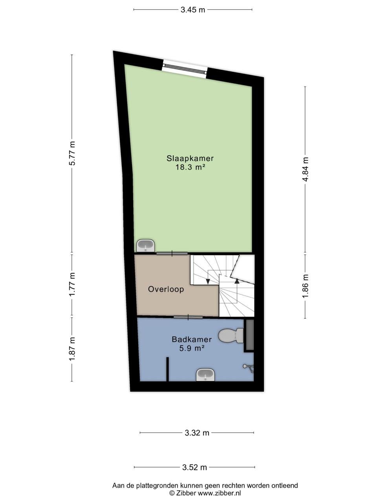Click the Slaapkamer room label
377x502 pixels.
point(190,158)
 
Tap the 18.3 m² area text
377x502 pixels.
point(190,167)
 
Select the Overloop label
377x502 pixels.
point(166,289)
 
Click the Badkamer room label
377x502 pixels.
point(192,339)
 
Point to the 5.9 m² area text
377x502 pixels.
point(192,348)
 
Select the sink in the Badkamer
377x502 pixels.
point(205,375)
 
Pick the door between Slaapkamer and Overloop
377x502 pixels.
point(172,253)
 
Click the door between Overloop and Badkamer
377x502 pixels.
point(188,317)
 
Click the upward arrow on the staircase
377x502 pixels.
point(236,280)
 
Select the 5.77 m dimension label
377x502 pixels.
point(72,153)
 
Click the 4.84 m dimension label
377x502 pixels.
point(306,169)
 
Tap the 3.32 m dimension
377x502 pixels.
point(197,433)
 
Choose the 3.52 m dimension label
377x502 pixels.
point(194,467)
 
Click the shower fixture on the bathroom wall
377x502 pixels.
point(248,367)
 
